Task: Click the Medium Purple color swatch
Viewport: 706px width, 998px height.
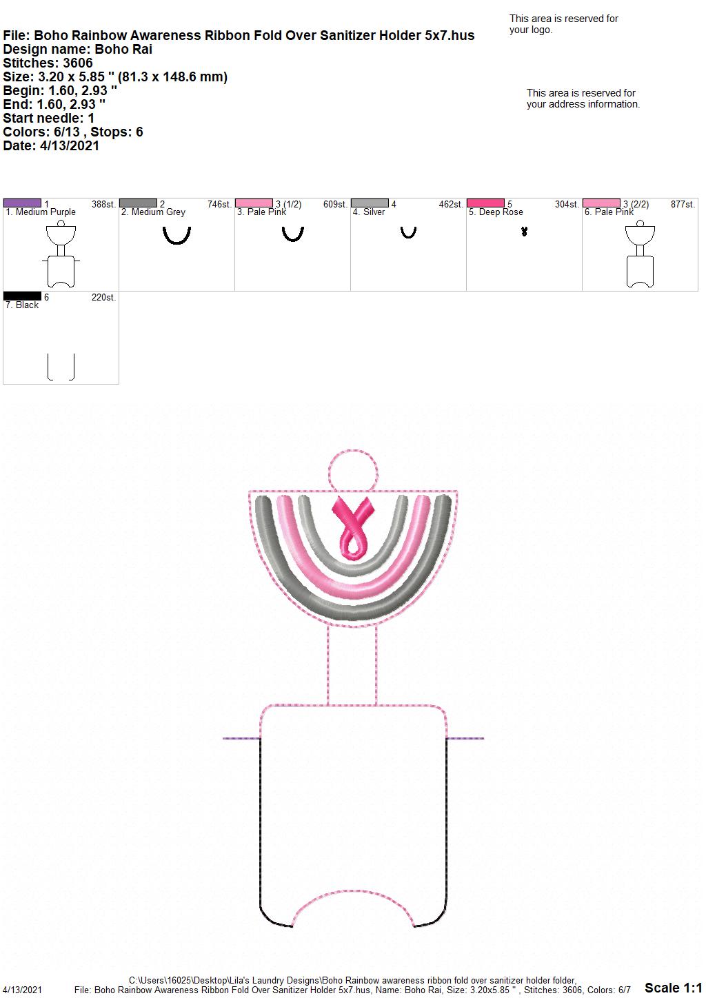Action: coord(22,203)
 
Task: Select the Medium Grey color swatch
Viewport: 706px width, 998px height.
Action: coord(138,203)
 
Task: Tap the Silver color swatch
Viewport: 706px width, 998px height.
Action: coord(370,203)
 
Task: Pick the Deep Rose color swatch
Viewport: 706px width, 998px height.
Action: coord(486,203)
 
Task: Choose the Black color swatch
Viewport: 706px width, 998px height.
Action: coord(22,296)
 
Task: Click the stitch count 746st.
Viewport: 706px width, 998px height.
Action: coord(219,205)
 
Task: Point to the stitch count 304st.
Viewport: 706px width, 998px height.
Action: coord(567,205)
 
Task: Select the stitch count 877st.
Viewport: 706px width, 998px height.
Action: coord(683,205)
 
